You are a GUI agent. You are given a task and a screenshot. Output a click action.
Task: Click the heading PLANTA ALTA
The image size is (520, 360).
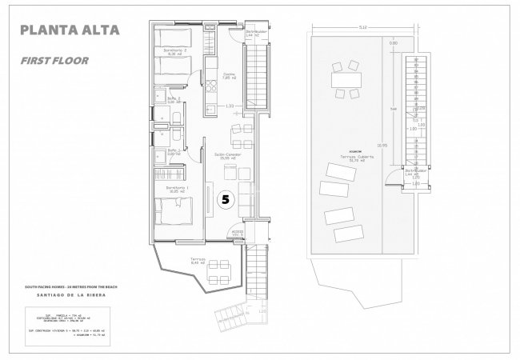tap(70, 31)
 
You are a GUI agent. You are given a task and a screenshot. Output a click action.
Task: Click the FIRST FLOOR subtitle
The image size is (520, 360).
tap(54, 60)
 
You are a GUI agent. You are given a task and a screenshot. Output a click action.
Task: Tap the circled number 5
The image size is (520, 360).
tap(226, 201)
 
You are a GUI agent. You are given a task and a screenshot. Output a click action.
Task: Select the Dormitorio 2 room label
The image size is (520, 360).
tap(175, 52)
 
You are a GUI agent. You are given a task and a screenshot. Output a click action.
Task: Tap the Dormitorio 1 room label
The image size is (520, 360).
tap(175, 188)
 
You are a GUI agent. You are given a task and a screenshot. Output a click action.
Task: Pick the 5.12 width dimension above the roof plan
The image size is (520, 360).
tap(362, 29)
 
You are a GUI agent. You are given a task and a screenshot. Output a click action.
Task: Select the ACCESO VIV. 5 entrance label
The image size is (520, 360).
tap(237, 234)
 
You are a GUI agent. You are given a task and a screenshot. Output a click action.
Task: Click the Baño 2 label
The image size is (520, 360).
tap(174, 99)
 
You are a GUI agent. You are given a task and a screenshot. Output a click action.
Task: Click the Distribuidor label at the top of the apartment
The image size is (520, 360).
tap(255, 33)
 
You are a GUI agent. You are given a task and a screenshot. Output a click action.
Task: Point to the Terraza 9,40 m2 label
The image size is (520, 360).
tap(198, 262)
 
